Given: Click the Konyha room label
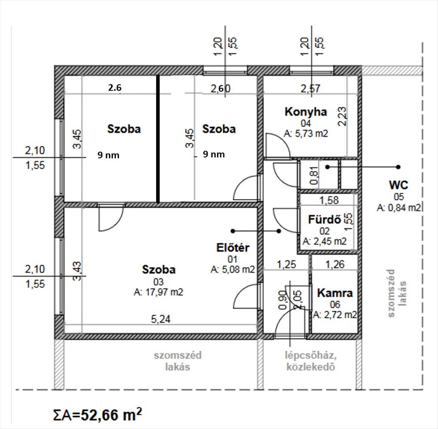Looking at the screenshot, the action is [x=305, y=112].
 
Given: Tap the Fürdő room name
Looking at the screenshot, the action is [x=324, y=220].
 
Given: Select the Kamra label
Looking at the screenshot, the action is [x=335, y=293].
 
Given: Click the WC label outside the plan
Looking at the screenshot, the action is [x=399, y=185].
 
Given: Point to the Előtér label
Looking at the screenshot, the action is [x=233, y=248].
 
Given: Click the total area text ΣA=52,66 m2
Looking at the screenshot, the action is [x=97, y=414].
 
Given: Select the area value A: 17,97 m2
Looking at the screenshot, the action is [x=158, y=292].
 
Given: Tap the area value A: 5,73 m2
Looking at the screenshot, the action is [x=305, y=133].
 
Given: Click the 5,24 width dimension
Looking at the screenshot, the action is [x=160, y=319].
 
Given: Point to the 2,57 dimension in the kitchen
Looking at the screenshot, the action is [x=310, y=88].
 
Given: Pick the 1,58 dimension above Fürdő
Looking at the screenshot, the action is [x=329, y=200].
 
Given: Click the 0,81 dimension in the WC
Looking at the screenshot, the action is [x=314, y=175].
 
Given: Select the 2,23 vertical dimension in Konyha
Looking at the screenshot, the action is [x=342, y=116].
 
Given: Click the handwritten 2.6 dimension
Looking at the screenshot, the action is [x=115, y=88].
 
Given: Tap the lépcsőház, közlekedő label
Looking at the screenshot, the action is [x=311, y=361].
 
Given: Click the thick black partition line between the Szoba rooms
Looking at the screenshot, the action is [x=158, y=139].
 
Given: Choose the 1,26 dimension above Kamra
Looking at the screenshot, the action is [x=335, y=264].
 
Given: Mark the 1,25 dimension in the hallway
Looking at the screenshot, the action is [x=286, y=264].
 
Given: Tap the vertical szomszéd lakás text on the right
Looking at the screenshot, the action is [x=397, y=293].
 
